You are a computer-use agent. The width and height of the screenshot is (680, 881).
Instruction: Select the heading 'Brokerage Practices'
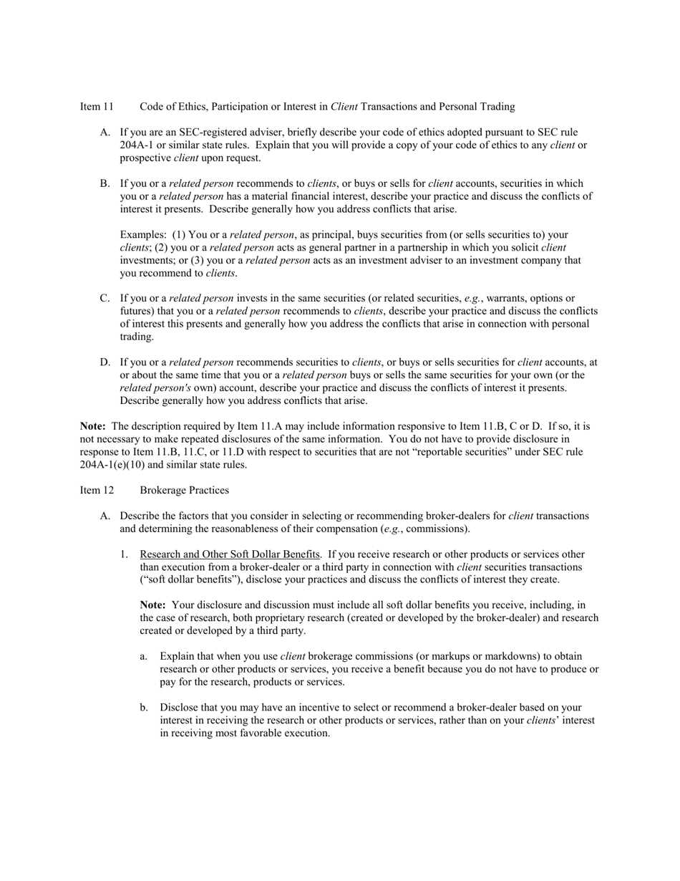pos(184,491)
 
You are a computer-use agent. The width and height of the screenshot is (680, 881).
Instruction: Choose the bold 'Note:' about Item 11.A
pos(93,427)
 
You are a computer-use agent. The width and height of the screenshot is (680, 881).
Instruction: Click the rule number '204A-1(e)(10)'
pos(112,465)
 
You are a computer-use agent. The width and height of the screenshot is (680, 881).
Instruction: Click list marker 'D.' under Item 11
pos(105,362)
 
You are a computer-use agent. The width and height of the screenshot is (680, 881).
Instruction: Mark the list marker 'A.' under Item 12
pos(105,516)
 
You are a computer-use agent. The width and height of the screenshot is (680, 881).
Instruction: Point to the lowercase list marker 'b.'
pos(144,708)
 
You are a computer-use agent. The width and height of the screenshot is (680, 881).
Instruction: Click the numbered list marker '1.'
pos(125,554)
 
